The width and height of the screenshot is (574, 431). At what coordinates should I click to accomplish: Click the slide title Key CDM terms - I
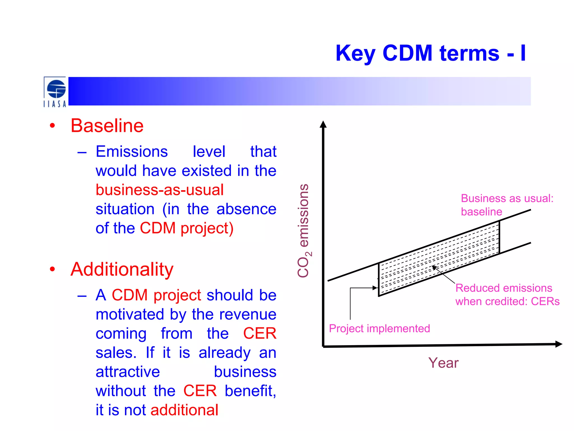(x=430, y=53)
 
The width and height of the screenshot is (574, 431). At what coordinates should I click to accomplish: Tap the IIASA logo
(x=55, y=92)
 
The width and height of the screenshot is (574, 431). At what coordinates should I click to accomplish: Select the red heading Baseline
(x=107, y=126)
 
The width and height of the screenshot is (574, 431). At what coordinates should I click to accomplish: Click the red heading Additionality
(x=122, y=269)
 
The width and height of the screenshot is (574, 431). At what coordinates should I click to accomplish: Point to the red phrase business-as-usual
(x=159, y=190)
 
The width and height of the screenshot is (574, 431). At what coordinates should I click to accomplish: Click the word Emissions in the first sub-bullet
(x=132, y=152)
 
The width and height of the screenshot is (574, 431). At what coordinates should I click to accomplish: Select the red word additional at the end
(x=184, y=410)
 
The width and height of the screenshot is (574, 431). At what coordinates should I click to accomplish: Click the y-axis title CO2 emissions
(x=304, y=231)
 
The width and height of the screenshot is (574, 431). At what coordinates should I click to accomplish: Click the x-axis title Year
(x=443, y=363)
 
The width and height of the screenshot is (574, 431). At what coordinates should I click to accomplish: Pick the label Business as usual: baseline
(x=507, y=205)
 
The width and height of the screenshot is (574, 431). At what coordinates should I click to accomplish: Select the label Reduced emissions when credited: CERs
(x=507, y=295)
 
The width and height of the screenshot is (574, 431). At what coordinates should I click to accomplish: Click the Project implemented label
(x=379, y=329)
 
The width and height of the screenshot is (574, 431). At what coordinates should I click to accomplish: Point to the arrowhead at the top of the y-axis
(x=323, y=124)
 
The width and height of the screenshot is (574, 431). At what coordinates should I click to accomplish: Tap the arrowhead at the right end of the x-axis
(x=558, y=344)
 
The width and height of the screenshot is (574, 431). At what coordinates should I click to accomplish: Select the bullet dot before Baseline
(x=52, y=126)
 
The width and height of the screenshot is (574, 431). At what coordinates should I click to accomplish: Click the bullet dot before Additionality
(x=52, y=269)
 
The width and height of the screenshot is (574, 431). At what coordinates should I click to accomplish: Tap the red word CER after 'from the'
(x=260, y=334)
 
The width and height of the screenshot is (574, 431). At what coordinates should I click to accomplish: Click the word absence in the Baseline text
(x=246, y=209)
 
